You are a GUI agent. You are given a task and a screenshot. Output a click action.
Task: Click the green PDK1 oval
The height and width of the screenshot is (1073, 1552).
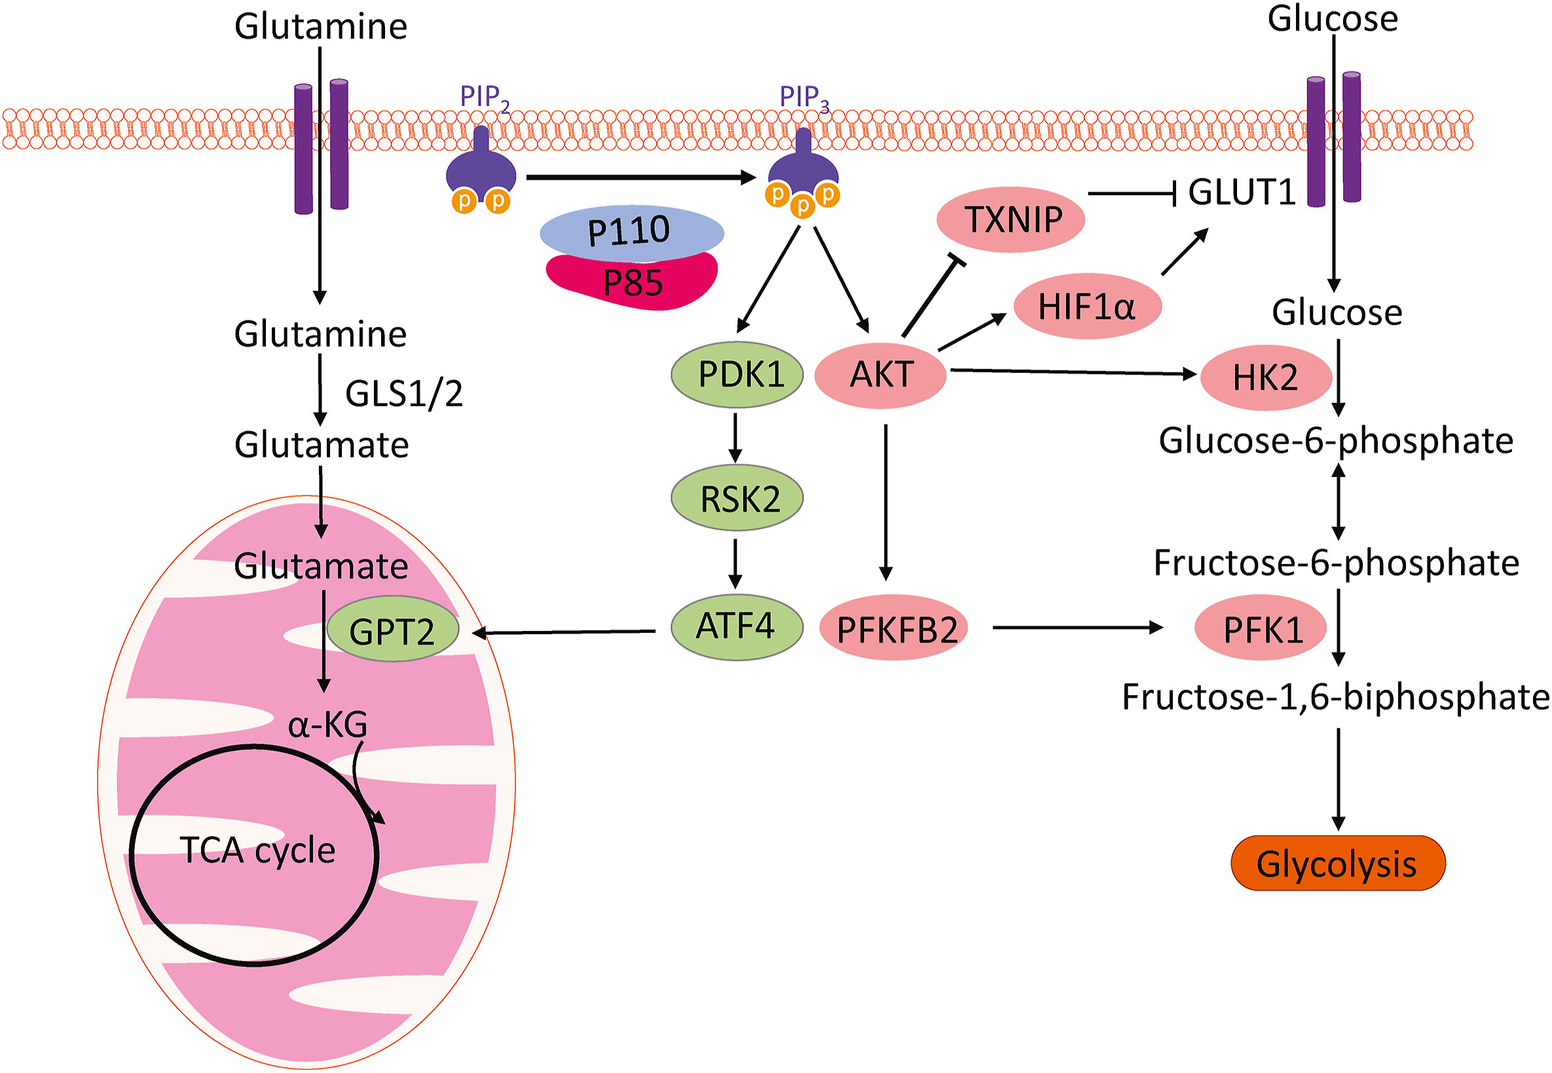[x=737, y=375]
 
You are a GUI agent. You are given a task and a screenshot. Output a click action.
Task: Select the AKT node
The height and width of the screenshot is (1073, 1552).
[x=880, y=375]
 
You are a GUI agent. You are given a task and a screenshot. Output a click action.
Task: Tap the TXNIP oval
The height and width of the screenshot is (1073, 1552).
[x=1010, y=219]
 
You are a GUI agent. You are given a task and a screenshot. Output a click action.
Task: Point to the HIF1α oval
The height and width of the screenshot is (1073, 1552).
[x=1087, y=306]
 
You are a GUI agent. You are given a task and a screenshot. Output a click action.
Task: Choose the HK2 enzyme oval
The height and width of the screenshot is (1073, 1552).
[x=1265, y=377]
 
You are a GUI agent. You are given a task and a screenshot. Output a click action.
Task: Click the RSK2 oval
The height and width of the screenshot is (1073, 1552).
[x=737, y=498]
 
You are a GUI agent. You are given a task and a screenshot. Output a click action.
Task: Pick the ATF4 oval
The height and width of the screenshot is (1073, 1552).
[x=737, y=627]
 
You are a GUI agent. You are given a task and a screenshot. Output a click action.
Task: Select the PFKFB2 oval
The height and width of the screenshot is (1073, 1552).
[x=894, y=628]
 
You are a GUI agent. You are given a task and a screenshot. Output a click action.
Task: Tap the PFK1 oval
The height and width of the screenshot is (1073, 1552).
[x=1260, y=628]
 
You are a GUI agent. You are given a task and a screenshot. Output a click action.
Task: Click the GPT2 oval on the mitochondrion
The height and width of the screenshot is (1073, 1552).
[x=392, y=630]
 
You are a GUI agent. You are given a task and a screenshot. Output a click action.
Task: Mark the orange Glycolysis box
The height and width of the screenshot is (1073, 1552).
[x=1337, y=863]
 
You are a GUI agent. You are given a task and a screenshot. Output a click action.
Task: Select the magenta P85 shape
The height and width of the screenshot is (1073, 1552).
[x=632, y=283]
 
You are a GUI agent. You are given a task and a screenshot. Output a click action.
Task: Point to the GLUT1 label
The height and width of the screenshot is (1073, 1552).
[x=1241, y=193]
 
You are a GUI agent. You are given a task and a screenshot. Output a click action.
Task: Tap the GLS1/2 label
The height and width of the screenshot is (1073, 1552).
[x=403, y=393]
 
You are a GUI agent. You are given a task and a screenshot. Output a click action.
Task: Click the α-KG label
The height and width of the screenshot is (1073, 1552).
[x=327, y=725]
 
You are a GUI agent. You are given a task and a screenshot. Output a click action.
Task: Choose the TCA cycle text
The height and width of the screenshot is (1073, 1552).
[x=257, y=850]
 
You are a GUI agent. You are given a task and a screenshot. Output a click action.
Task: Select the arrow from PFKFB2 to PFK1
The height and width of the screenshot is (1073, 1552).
[x=1077, y=628]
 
